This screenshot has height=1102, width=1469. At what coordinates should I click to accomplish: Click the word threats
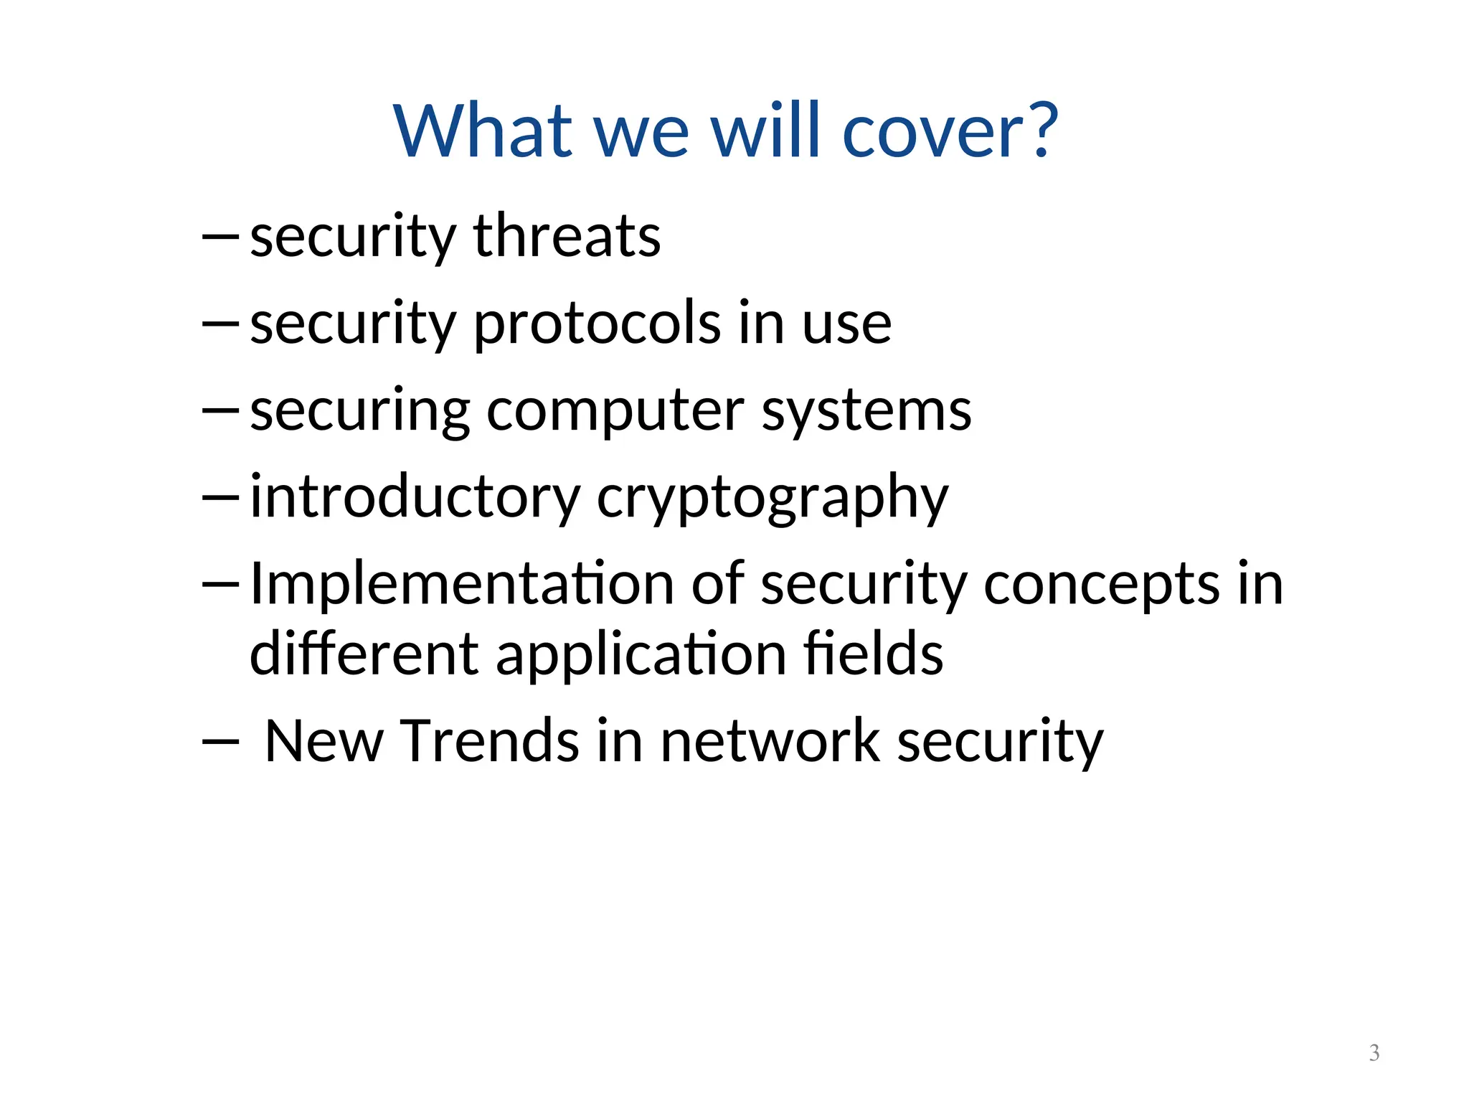point(567,236)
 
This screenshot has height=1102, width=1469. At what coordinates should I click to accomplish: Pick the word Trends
point(489,741)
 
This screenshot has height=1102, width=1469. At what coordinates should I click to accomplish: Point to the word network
point(770,741)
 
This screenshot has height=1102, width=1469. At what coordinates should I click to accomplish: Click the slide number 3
point(1374,1052)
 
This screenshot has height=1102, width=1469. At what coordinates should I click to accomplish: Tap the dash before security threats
point(220,236)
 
